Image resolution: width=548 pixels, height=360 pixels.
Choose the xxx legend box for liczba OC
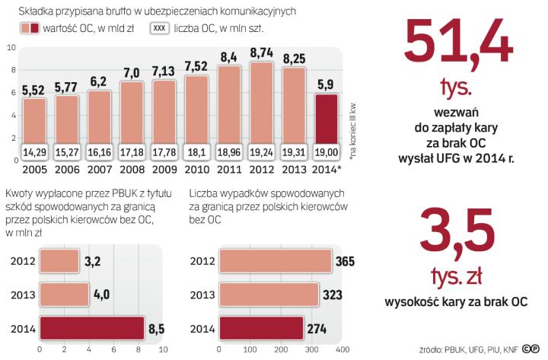coord(161,29)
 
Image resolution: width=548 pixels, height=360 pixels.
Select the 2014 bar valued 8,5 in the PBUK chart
coord(91,328)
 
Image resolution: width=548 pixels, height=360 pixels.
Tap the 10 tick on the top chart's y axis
coord(11,48)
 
